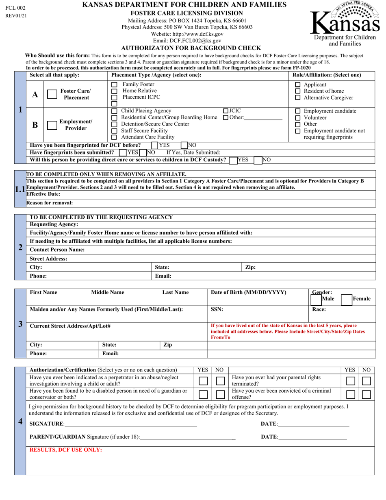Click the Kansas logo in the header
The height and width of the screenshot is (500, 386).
point(345,23)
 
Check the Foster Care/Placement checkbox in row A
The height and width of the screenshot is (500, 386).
point(52,94)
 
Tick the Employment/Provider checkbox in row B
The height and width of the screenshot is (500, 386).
point(52,125)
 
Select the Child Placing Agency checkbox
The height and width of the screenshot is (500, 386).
point(114,111)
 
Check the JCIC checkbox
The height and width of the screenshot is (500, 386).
point(226,111)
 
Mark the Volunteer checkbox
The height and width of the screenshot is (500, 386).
point(298,118)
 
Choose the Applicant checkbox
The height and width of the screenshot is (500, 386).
point(298,85)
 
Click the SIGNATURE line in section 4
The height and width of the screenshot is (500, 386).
point(130,424)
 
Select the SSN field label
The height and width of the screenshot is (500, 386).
point(217,309)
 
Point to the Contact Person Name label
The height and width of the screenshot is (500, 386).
point(57,250)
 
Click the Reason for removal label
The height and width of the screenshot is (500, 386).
point(50,203)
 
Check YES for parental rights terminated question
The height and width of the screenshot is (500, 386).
point(350,381)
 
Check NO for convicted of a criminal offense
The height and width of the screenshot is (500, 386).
point(366,395)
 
